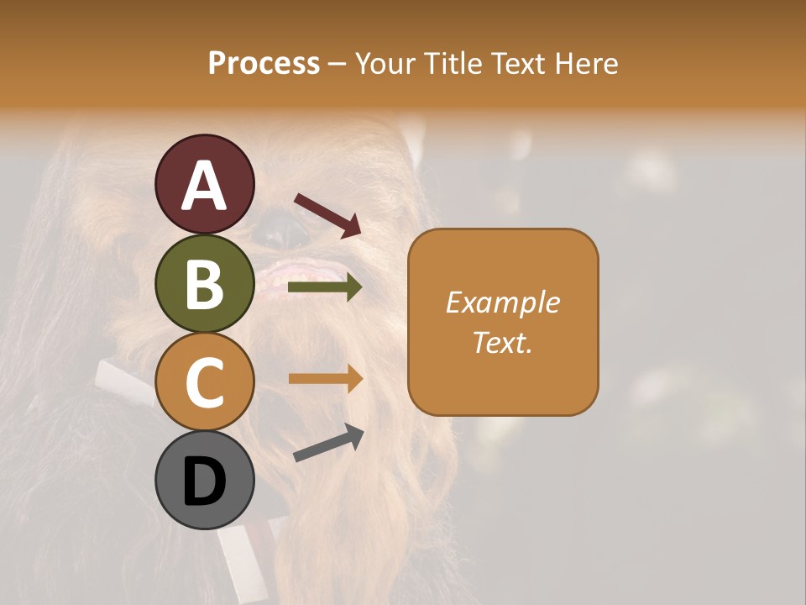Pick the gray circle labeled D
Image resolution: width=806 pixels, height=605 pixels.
point(204,481)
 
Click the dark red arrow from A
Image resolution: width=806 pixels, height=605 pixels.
point(327,215)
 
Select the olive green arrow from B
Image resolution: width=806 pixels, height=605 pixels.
point(325,288)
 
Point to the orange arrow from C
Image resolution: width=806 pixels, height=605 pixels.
point(325,379)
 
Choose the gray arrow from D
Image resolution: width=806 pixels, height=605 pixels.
point(328,443)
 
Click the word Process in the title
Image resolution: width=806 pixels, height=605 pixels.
point(264,63)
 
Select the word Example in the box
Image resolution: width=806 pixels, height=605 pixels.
point(502,302)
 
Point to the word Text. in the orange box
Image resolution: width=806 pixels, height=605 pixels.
point(502,342)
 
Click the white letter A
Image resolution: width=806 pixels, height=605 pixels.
point(204,185)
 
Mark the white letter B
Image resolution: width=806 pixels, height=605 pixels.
point(204,284)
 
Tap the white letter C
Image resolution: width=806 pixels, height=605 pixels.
point(204,382)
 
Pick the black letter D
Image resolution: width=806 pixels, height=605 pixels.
point(204,482)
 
